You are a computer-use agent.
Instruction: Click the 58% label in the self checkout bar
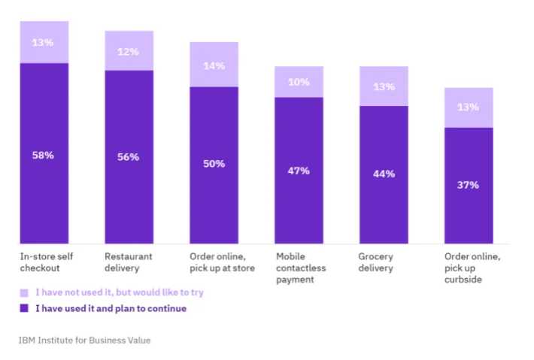tap(44, 155)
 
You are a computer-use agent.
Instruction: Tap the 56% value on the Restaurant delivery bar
tap(129, 157)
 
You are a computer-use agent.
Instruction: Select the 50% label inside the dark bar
tap(214, 164)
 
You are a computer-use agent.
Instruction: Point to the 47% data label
tap(299, 171)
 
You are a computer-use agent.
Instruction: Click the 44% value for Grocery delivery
tap(384, 174)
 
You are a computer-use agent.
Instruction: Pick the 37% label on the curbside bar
tap(469, 185)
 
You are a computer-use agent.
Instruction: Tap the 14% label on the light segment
tap(214, 65)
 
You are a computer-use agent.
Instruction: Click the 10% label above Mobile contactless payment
tap(299, 82)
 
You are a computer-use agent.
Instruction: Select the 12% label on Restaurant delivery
tap(129, 51)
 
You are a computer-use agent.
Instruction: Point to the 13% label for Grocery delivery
tap(384, 86)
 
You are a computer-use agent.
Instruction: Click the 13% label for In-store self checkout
tap(44, 42)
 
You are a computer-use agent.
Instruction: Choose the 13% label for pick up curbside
tap(469, 107)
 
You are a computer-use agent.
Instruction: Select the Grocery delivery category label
tap(376, 262)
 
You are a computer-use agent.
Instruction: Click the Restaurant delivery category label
tap(128, 262)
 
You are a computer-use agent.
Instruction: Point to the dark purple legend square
tap(24, 308)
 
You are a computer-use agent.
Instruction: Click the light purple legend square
tap(24, 292)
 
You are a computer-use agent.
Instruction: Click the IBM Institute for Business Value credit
tap(84, 340)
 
